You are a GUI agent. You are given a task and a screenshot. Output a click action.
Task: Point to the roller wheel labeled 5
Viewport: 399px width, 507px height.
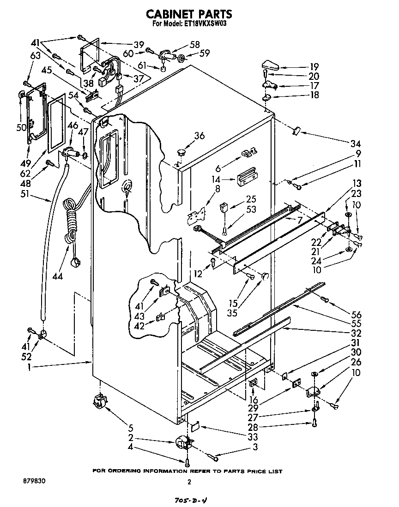click(x=99, y=403)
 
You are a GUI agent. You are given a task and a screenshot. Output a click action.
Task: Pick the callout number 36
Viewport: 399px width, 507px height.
click(x=199, y=136)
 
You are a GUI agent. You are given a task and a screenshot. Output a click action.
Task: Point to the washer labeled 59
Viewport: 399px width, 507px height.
click(x=181, y=59)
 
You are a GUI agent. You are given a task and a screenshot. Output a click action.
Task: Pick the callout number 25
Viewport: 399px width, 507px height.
click(x=251, y=199)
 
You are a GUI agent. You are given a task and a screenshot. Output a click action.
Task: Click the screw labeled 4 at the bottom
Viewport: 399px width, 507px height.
click(x=187, y=462)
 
